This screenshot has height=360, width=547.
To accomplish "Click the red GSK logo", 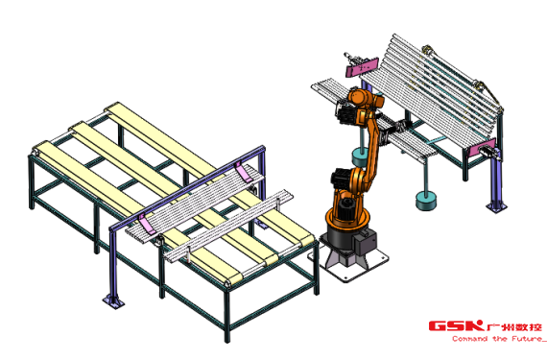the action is pyautogui.click(x=456, y=325).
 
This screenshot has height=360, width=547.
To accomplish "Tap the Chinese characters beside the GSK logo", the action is pyautogui.click(x=514, y=326).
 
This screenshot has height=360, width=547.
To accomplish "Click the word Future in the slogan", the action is pyautogui.click(x=528, y=339).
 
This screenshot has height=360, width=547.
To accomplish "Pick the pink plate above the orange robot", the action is pyautogui.click(x=362, y=68).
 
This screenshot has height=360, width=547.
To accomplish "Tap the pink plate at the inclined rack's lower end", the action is pyautogui.click(x=482, y=148).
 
